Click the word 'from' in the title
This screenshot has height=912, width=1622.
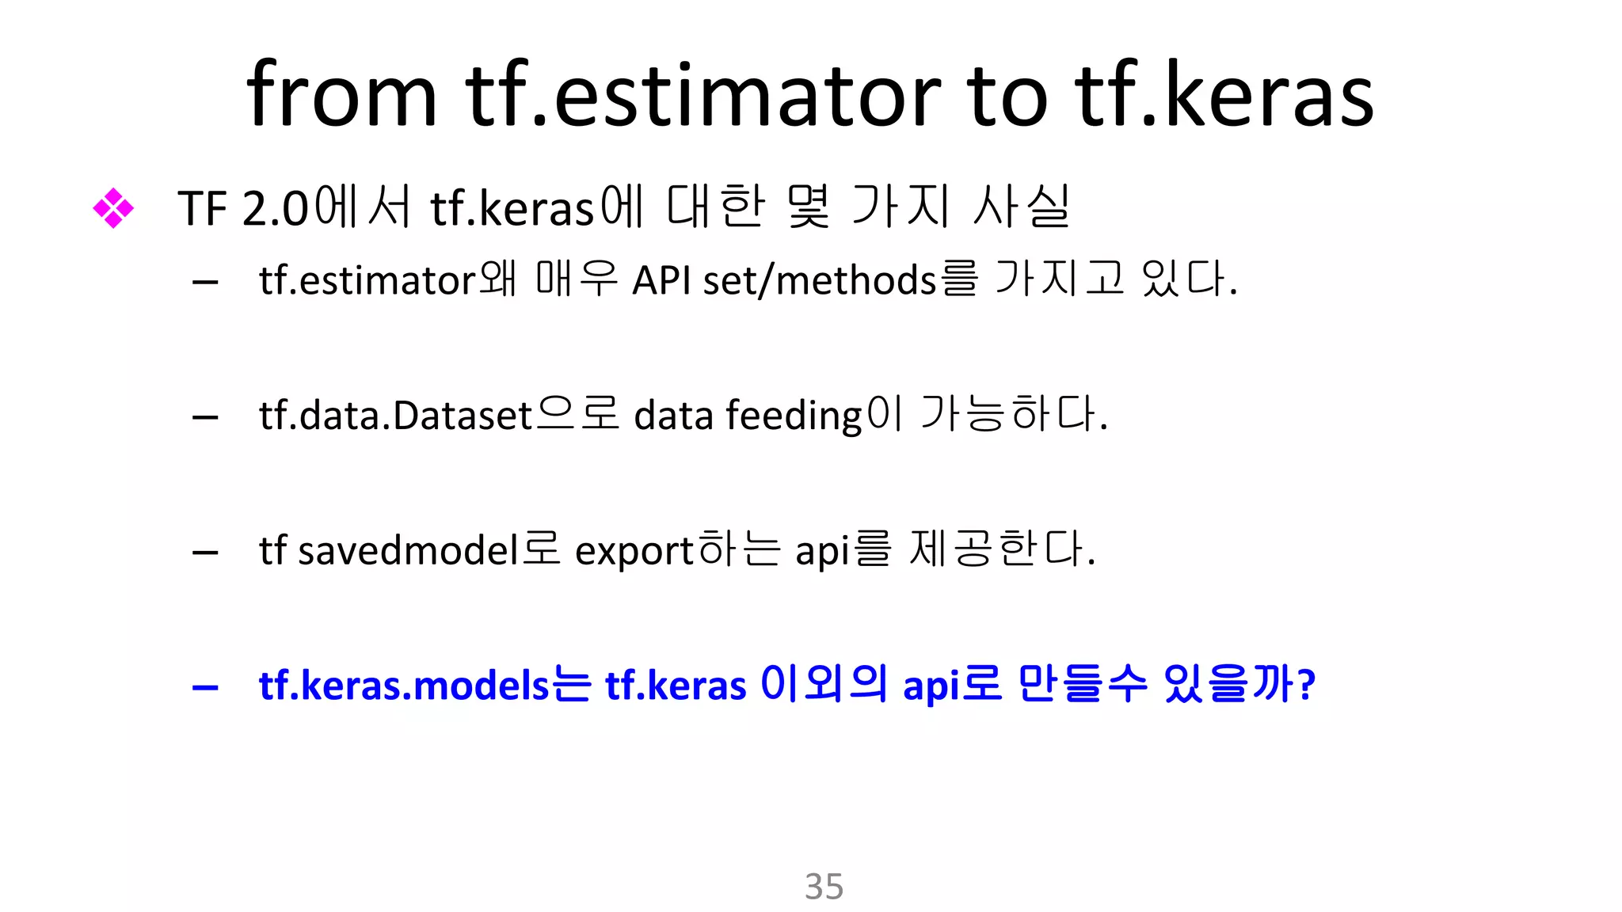341,95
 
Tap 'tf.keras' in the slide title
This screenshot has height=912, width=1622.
1224,95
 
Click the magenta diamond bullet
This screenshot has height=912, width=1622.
113,208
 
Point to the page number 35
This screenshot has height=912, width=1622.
824,886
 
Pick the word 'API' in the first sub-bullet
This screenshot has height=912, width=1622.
661,280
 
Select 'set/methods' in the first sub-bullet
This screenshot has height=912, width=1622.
820,280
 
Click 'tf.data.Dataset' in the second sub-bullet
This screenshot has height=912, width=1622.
395,415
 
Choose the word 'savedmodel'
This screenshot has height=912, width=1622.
409,549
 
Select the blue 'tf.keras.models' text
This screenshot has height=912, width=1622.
404,685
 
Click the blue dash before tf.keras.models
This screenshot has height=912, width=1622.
205,687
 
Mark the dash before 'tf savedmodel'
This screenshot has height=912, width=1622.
205,552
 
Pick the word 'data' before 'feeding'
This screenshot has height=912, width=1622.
673,415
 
